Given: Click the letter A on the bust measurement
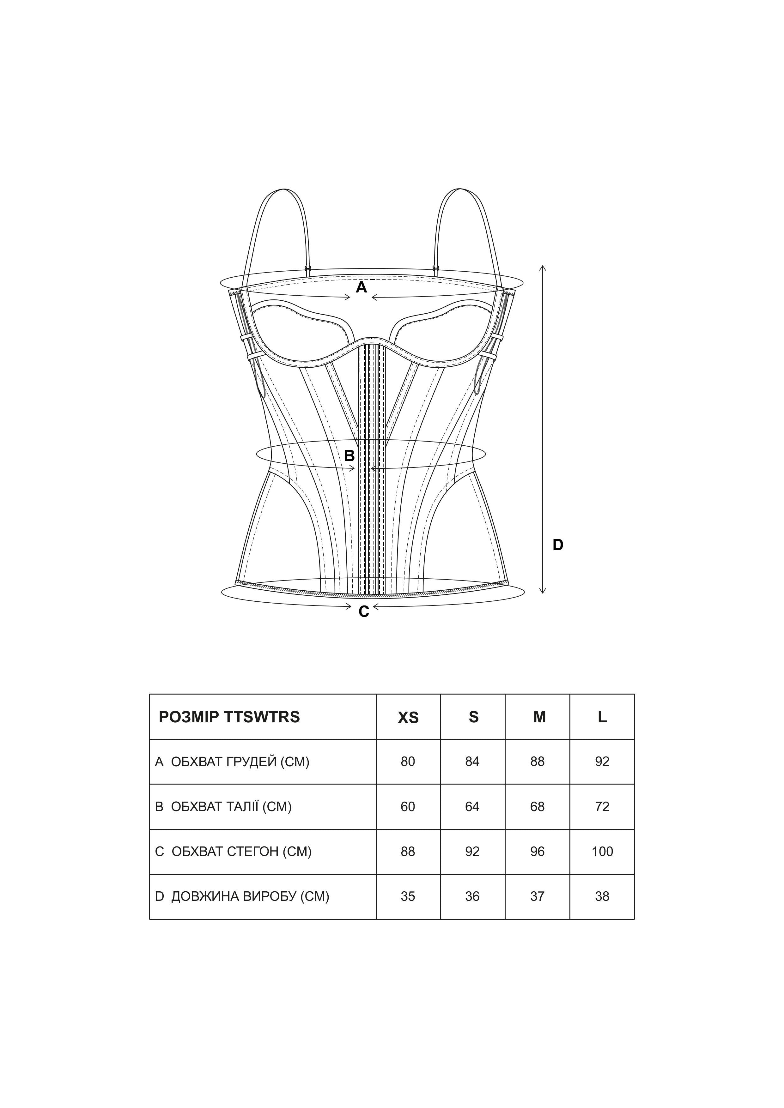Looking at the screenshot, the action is (x=361, y=288).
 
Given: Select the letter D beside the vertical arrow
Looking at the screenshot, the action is (x=558, y=545).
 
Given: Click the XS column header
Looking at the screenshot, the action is (x=408, y=718).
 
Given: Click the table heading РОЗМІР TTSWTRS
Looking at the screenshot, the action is (x=229, y=717).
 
